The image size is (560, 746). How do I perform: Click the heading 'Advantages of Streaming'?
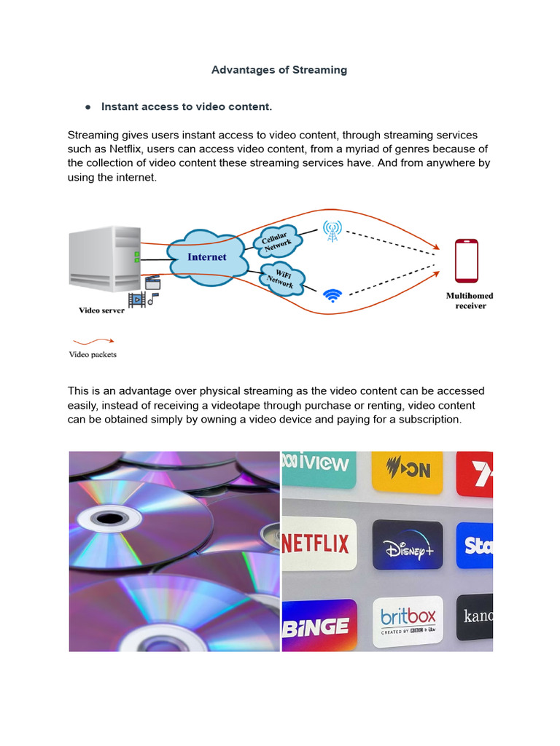[279, 70]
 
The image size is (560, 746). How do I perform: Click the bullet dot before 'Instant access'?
[87, 107]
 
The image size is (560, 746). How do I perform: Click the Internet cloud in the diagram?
[206, 257]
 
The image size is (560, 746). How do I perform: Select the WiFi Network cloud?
[280, 278]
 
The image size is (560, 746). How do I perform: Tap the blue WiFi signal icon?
[332, 295]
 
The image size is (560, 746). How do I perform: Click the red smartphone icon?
[466, 261]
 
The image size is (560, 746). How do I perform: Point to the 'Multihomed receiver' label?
[470, 301]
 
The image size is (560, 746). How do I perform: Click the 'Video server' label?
[101, 310]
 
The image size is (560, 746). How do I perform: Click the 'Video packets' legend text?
[93, 355]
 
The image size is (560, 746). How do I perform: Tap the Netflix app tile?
[319, 543]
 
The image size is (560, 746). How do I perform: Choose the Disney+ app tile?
[407, 544]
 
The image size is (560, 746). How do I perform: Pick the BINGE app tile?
[319, 624]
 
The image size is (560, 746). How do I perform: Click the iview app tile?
[319, 466]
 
